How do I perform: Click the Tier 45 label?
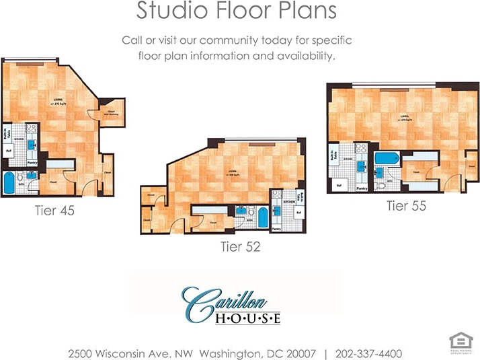click(54, 211)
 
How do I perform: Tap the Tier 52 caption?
click(240, 247)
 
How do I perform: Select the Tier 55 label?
click(406, 206)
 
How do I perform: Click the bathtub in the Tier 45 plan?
click(10, 182)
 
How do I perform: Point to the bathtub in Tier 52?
click(261, 218)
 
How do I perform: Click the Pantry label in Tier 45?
click(31, 162)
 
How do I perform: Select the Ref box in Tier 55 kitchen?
click(339, 184)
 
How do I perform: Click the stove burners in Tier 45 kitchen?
click(29, 127)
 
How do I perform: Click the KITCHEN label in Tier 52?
click(289, 201)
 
